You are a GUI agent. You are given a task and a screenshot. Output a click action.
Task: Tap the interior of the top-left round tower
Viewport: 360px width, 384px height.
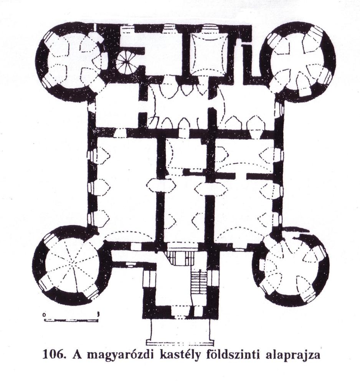(73, 60)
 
